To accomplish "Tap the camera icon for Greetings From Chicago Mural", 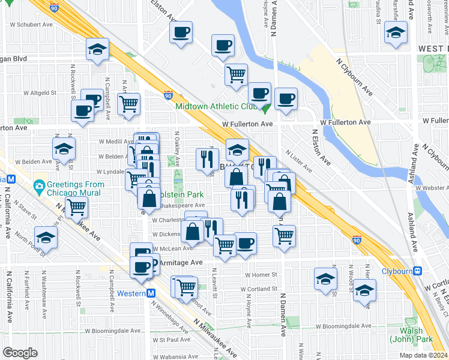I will click(40, 185).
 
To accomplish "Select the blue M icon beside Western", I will click(151, 293).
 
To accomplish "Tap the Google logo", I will click(20, 352).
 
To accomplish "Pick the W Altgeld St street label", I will click(40, 93).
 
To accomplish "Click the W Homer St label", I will click(259, 275).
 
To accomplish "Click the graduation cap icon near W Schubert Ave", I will click(97, 50).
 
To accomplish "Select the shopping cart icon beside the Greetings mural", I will click(76, 208).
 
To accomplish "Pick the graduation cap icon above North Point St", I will click(46, 236).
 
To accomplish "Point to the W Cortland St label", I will click(258, 289).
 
